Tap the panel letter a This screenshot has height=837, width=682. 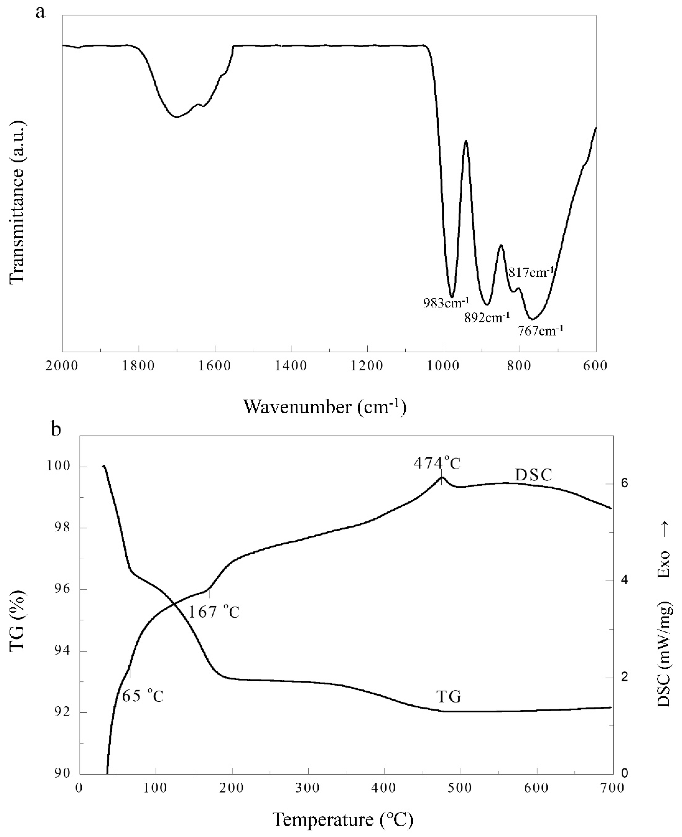pyautogui.click(x=40, y=13)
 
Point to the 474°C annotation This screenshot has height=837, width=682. pyautogui.click(x=437, y=464)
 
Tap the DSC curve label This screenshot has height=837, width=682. pyautogui.click(x=534, y=475)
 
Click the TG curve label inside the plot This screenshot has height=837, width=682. pyautogui.click(x=449, y=697)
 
